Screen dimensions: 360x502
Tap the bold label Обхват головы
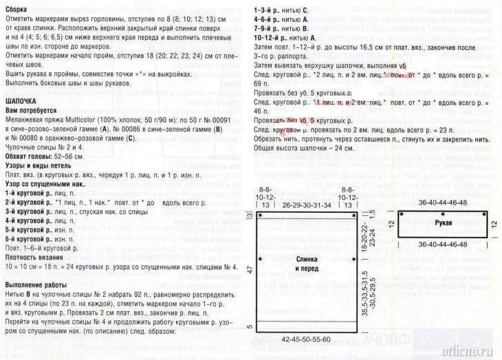(28, 156)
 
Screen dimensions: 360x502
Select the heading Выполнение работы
(36, 284)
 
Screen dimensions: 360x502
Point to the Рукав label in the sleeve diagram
(444, 224)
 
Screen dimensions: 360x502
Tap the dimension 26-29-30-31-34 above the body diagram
(307, 205)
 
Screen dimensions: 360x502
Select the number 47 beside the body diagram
(251, 271)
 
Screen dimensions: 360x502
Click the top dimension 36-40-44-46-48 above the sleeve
(442, 203)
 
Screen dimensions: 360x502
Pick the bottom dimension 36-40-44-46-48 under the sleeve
(442, 245)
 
